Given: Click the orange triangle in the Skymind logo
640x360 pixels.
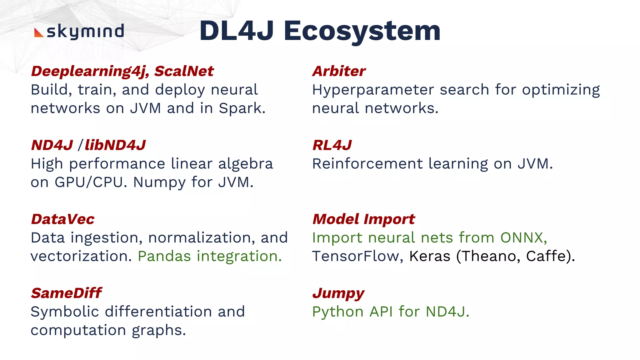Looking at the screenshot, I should pyautogui.click(x=38, y=33).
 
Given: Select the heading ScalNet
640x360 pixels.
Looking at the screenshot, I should pyautogui.click(x=184, y=71).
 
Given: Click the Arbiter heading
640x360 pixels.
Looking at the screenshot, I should pyautogui.click(x=339, y=71).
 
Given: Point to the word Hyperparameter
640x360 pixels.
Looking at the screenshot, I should pyautogui.click(x=373, y=90).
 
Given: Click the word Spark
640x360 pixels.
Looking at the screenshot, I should pyautogui.click(x=241, y=108).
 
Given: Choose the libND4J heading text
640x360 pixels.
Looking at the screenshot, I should pyautogui.click(x=115, y=145).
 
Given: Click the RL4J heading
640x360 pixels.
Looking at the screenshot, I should pyautogui.click(x=332, y=145).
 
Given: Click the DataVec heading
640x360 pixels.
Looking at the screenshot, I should pyautogui.click(x=63, y=219).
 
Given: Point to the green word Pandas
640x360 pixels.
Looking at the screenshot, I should pyautogui.click(x=164, y=256).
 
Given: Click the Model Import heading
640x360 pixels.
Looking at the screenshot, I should pyautogui.click(x=364, y=219).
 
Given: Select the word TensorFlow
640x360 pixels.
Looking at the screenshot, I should pyautogui.click(x=356, y=256).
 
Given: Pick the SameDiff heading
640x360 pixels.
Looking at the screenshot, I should pyautogui.click(x=67, y=293).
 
